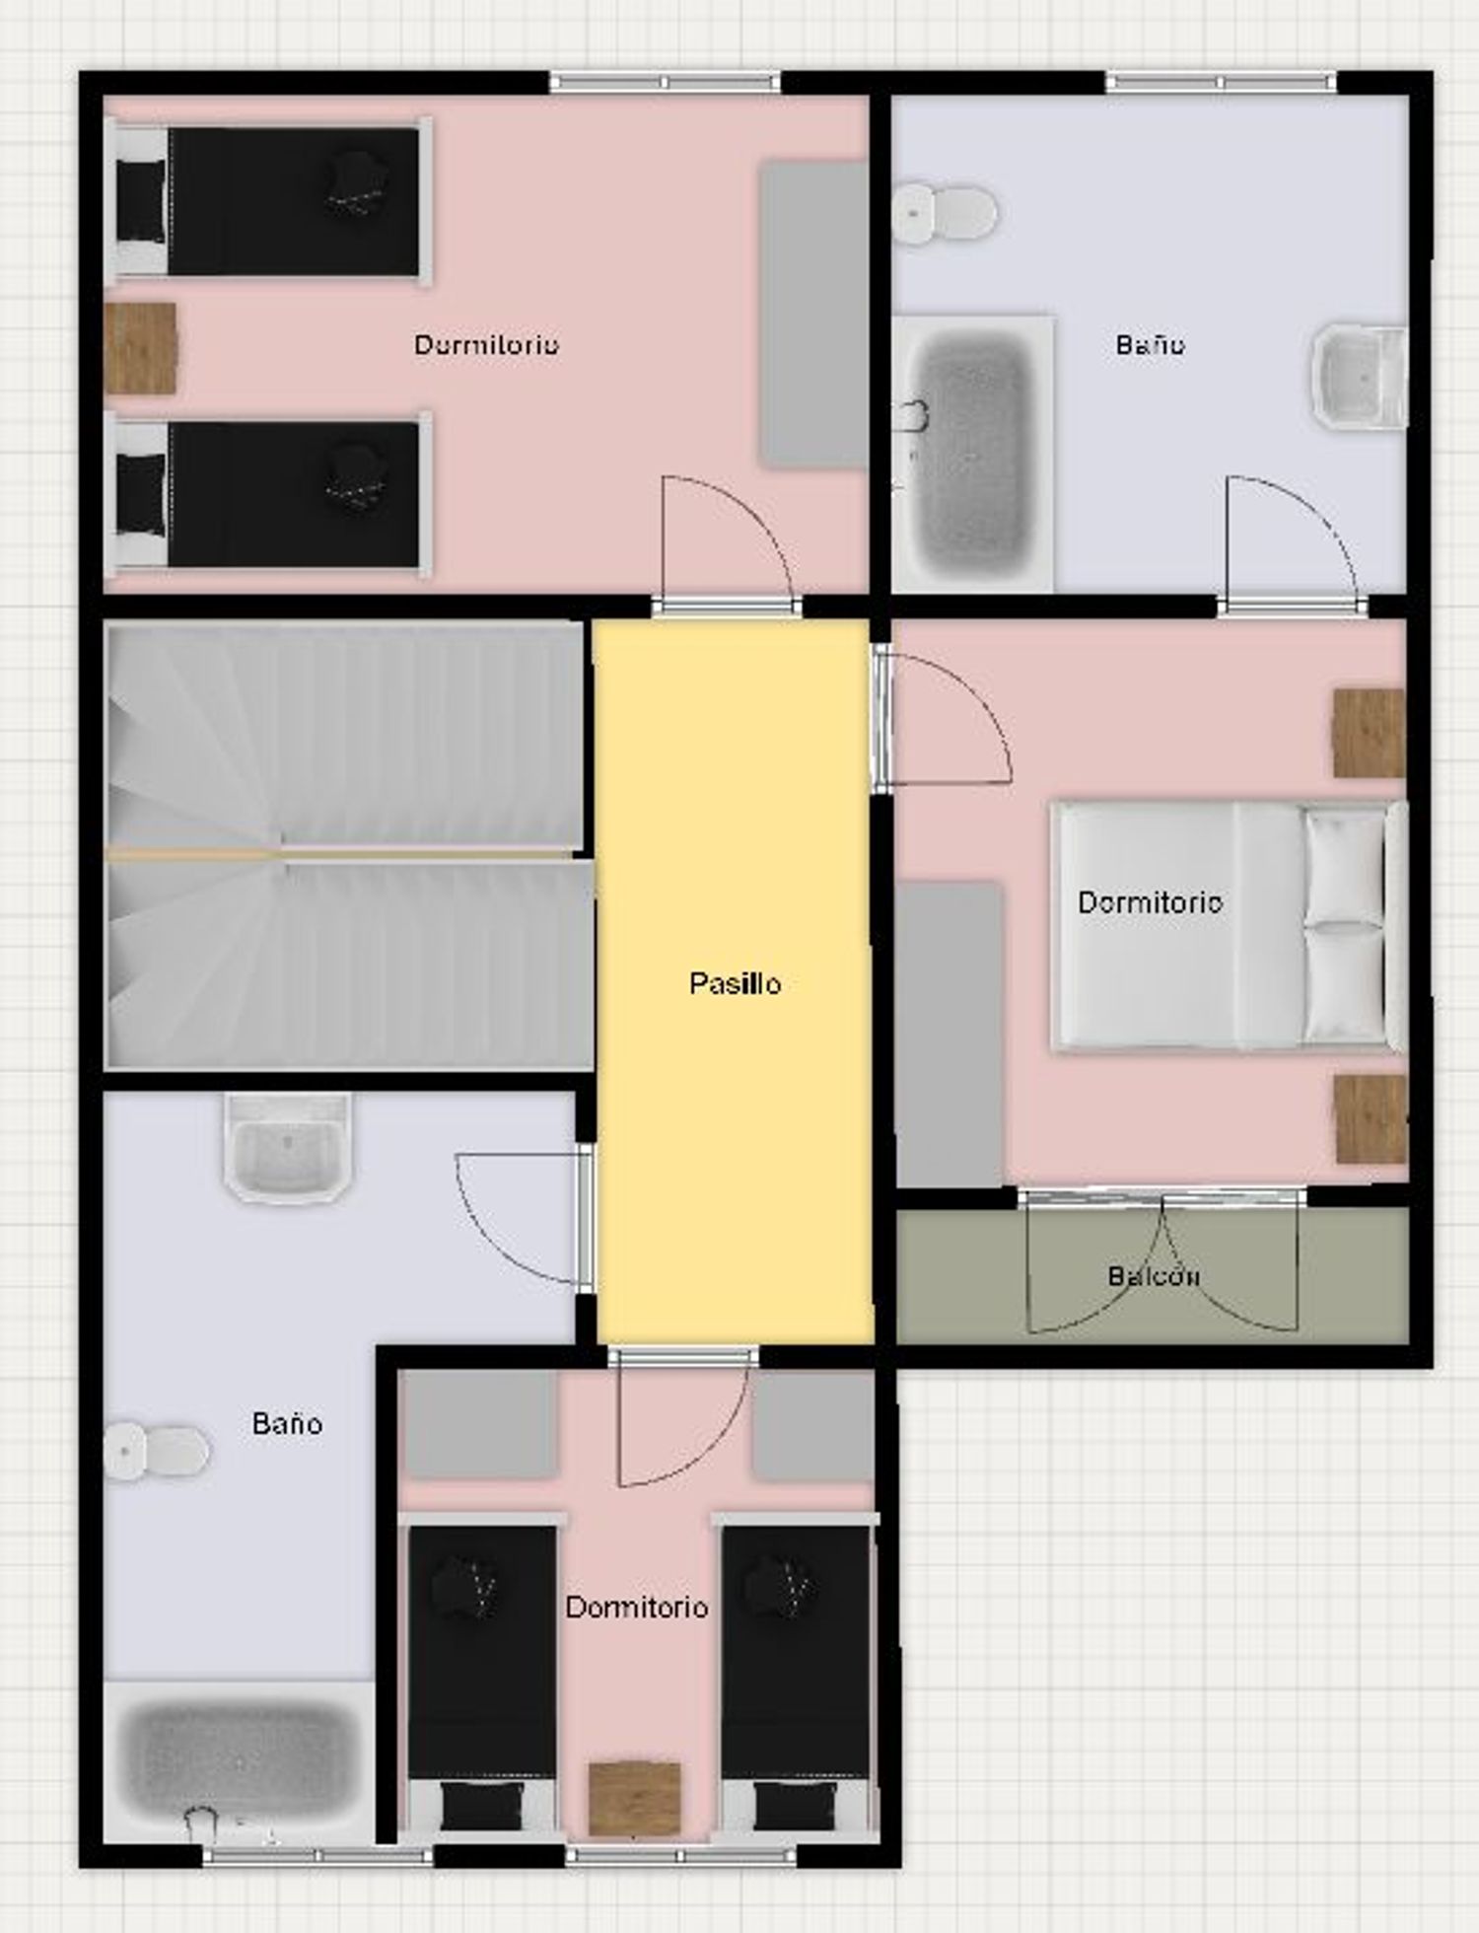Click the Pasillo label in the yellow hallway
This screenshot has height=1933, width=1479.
(735, 983)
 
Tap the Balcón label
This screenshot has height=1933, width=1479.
(1154, 1275)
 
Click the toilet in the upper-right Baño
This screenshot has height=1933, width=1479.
(945, 212)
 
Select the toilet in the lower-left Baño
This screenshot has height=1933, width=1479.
(157, 1451)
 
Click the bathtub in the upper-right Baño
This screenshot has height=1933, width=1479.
(972, 455)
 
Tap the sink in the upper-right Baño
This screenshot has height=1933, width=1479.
(1359, 377)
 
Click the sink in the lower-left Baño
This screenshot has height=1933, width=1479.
(288, 1147)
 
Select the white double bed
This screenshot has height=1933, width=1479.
(1229, 925)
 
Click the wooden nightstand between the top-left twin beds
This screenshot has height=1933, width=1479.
(141, 348)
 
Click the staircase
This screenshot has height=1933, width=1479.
(349, 845)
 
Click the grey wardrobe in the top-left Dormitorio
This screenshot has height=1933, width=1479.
(813, 314)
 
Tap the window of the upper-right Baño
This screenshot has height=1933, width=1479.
(1221, 82)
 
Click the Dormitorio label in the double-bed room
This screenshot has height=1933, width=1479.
(1151, 902)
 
